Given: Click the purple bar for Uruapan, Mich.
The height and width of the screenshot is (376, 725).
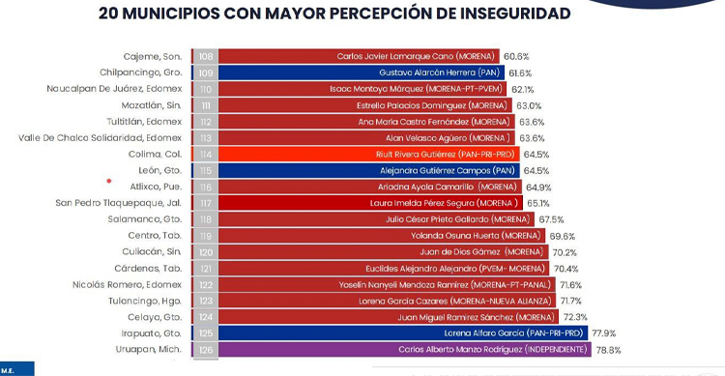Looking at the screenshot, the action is point(405,349).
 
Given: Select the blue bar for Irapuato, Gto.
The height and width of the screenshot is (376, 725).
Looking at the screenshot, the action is point(403,333).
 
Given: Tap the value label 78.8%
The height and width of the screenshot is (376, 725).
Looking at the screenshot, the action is point(608,350).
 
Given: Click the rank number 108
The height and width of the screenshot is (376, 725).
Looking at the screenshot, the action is point(206,56).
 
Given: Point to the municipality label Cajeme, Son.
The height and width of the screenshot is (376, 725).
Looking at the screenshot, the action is point(153,56).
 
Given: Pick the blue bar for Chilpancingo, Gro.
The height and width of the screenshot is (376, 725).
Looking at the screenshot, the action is point(362,72).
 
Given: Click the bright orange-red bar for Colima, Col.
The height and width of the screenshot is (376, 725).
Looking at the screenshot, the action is point(369,154).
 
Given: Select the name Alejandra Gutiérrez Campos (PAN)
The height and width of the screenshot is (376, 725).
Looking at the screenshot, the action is point(448,171).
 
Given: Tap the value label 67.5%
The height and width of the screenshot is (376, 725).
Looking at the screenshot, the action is point(551,219).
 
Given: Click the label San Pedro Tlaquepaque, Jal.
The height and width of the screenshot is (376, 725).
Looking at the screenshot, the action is point(118,203).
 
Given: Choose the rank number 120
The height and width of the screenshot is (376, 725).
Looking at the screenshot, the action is point(206,252).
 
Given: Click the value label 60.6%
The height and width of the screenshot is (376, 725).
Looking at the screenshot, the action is point(516,56).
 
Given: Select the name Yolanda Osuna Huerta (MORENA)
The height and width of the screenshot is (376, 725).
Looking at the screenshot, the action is point(476,236).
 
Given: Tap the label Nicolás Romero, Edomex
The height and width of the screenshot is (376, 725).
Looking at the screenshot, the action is point(128,285).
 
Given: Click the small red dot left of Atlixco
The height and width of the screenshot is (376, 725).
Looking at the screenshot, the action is point(109,181).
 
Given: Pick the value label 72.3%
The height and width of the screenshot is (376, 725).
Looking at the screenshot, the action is point(575,317).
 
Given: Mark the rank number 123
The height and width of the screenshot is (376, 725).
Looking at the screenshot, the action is point(206,301).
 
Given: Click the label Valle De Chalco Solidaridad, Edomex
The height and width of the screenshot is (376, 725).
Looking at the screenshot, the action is point(100,138).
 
